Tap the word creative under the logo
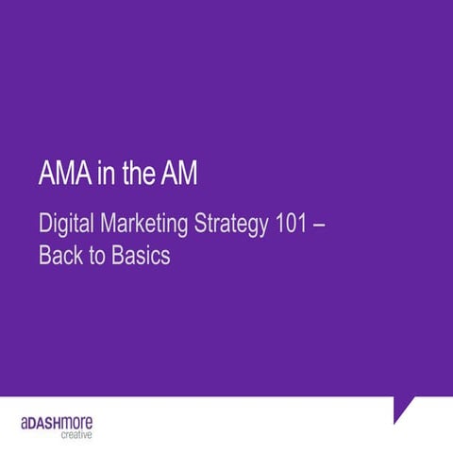(x=76, y=435)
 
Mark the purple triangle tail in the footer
(x=404, y=409)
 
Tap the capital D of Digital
(x=45, y=226)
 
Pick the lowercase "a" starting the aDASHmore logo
(x=25, y=422)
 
